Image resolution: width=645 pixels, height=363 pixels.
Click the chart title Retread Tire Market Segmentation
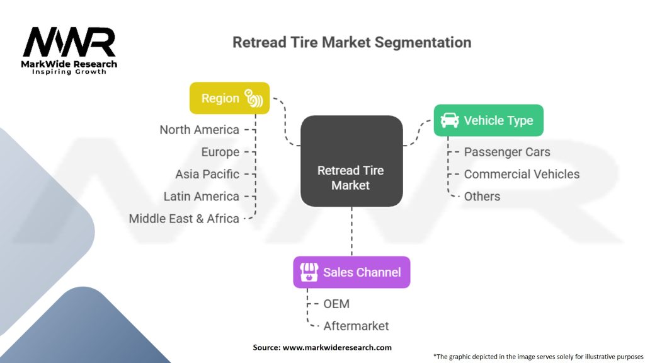(x=351, y=43)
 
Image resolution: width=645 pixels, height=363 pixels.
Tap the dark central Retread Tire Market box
(x=351, y=161)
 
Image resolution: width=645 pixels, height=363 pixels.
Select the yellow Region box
(x=229, y=98)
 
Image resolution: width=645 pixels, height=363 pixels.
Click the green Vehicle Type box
(x=488, y=120)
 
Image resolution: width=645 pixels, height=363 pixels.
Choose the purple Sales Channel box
(x=351, y=272)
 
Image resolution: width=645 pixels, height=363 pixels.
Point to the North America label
(x=199, y=130)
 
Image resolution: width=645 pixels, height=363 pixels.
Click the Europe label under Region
(x=220, y=152)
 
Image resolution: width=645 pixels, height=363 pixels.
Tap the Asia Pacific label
(x=207, y=174)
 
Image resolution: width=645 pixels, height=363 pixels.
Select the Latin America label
(x=201, y=196)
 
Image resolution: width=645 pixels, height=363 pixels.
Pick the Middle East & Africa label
(x=184, y=219)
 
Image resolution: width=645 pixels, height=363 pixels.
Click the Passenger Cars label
(x=506, y=152)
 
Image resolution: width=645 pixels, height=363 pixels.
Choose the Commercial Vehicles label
(x=522, y=174)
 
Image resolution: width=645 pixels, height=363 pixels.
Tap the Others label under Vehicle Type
(x=482, y=196)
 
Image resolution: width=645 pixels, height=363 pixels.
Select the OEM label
(x=336, y=304)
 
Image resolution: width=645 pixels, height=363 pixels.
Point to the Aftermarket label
(x=356, y=326)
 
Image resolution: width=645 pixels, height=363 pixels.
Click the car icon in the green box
(x=449, y=120)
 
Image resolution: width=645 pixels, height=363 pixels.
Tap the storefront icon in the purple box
(x=308, y=272)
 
